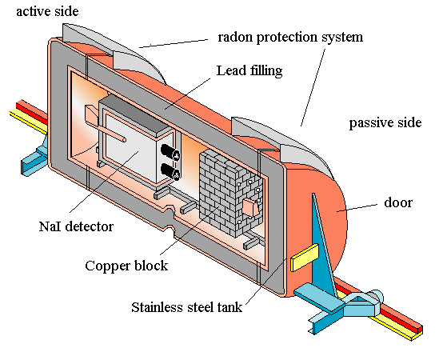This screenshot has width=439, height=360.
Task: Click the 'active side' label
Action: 47,11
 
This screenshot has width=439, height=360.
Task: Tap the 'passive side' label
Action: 385,122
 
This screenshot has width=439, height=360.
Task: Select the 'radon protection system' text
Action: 290,37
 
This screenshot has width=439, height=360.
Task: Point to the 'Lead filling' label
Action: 249,70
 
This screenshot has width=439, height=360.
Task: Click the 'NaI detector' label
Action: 76,226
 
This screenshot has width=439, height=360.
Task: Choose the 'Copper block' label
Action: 126,266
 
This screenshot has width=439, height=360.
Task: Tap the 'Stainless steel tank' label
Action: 187,307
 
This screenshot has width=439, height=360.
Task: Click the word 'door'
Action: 398,202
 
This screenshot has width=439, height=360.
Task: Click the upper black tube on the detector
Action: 170,152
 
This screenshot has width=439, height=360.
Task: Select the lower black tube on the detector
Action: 170,171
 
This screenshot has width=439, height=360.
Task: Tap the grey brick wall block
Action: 230,194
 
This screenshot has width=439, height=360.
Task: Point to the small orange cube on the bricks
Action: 251,207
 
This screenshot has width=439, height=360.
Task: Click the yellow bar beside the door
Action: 305,258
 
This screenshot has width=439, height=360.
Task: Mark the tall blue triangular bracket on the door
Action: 322,246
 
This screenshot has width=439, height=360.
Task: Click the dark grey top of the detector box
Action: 135,115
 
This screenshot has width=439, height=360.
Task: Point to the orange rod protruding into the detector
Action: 105,123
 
